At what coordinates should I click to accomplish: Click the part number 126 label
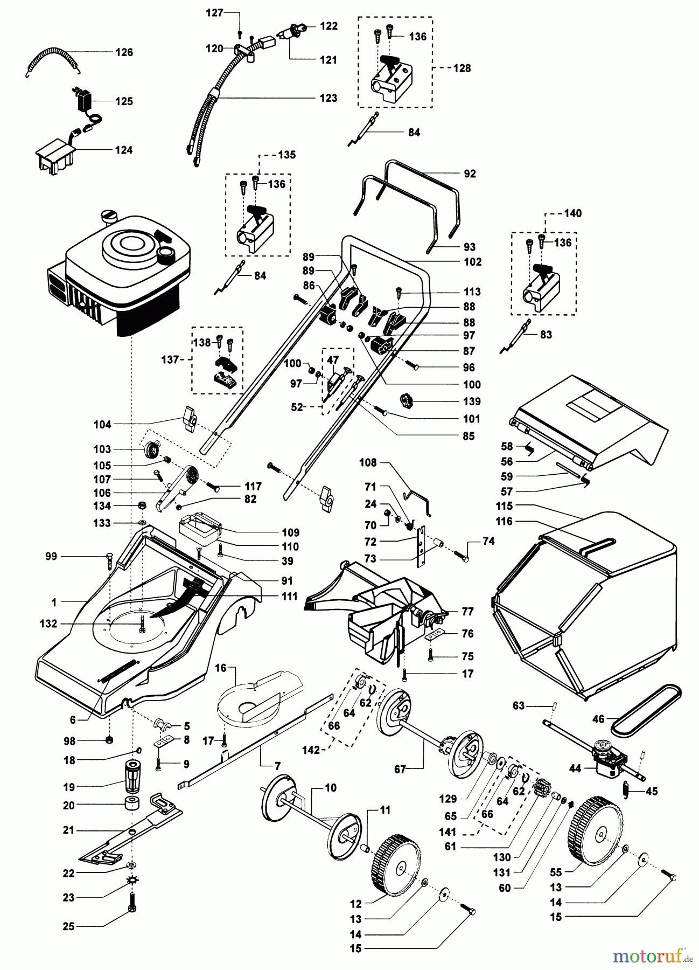(x=124, y=52)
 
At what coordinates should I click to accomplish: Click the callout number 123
(x=328, y=98)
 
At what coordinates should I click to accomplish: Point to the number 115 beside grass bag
(x=505, y=506)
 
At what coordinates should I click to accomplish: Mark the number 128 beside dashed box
(x=462, y=68)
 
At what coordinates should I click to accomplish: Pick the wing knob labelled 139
(x=409, y=401)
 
